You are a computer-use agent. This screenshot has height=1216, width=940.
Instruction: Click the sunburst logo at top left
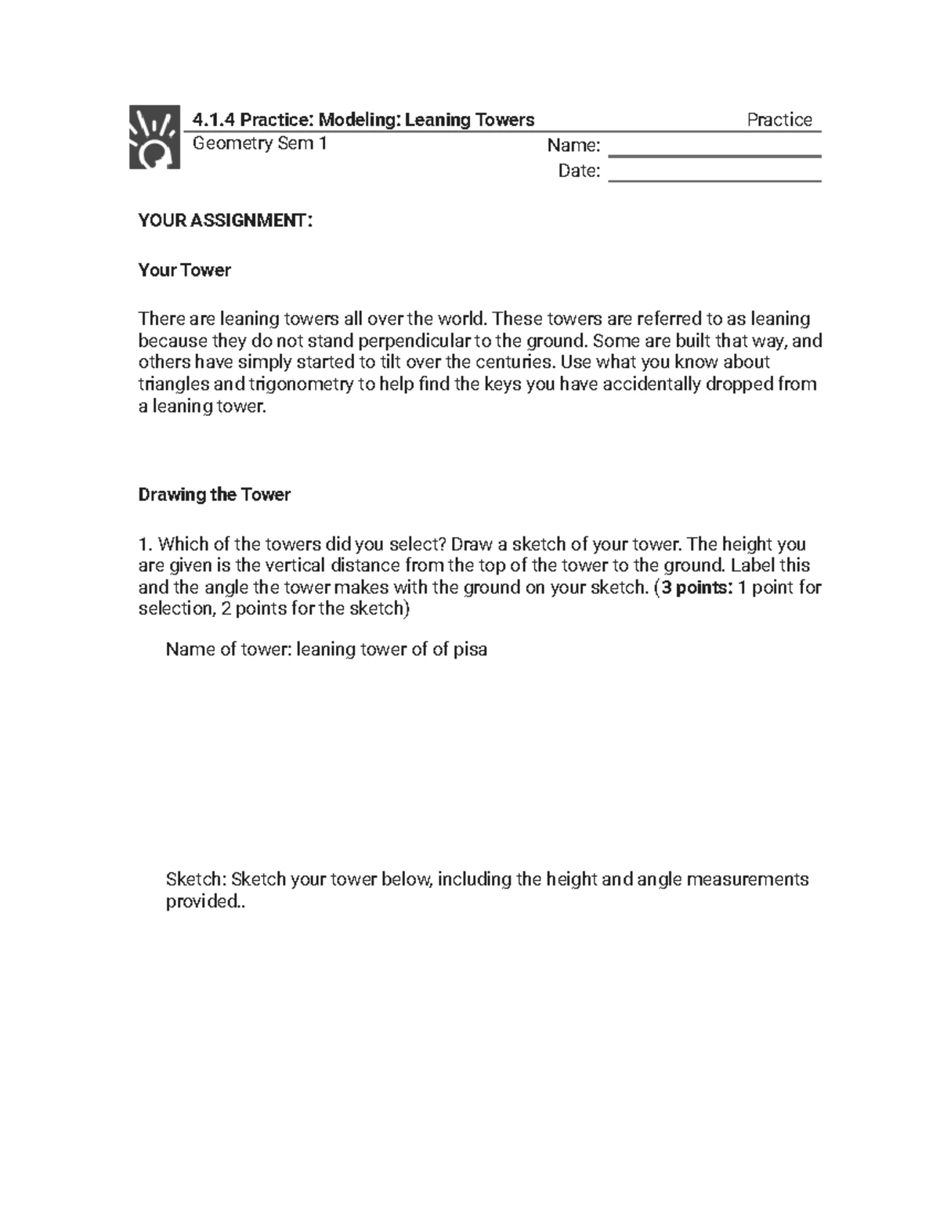click(150, 138)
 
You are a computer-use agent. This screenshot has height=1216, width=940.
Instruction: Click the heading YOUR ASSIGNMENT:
click(225, 221)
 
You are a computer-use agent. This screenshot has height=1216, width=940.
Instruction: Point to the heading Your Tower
click(184, 270)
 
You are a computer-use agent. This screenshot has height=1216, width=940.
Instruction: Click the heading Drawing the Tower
click(214, 495)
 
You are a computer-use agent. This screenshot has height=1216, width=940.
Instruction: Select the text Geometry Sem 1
click(259, 144)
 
